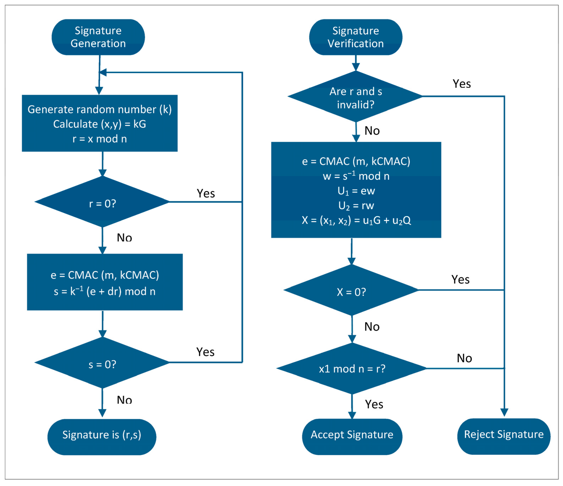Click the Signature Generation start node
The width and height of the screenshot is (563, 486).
pyautogui.click(x=98, y=37)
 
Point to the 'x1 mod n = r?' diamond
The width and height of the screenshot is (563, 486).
pyautogui.click(x=352, y=368)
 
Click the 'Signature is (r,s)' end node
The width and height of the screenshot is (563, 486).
pyautogui.click(x=102, y=435)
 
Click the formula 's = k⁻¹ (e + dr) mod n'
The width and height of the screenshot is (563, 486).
pyautogui.click(x=105, y=291)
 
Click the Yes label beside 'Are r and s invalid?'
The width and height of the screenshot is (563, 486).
pyautogui.click(x=462, y=84)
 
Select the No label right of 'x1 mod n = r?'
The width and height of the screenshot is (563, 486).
pyautogui.click(x=464, y=358)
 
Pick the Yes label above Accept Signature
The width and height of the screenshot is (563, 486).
pyautogui.click(x=374, y=404)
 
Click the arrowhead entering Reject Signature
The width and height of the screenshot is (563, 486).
pyautogui.click(x=504, y=413)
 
